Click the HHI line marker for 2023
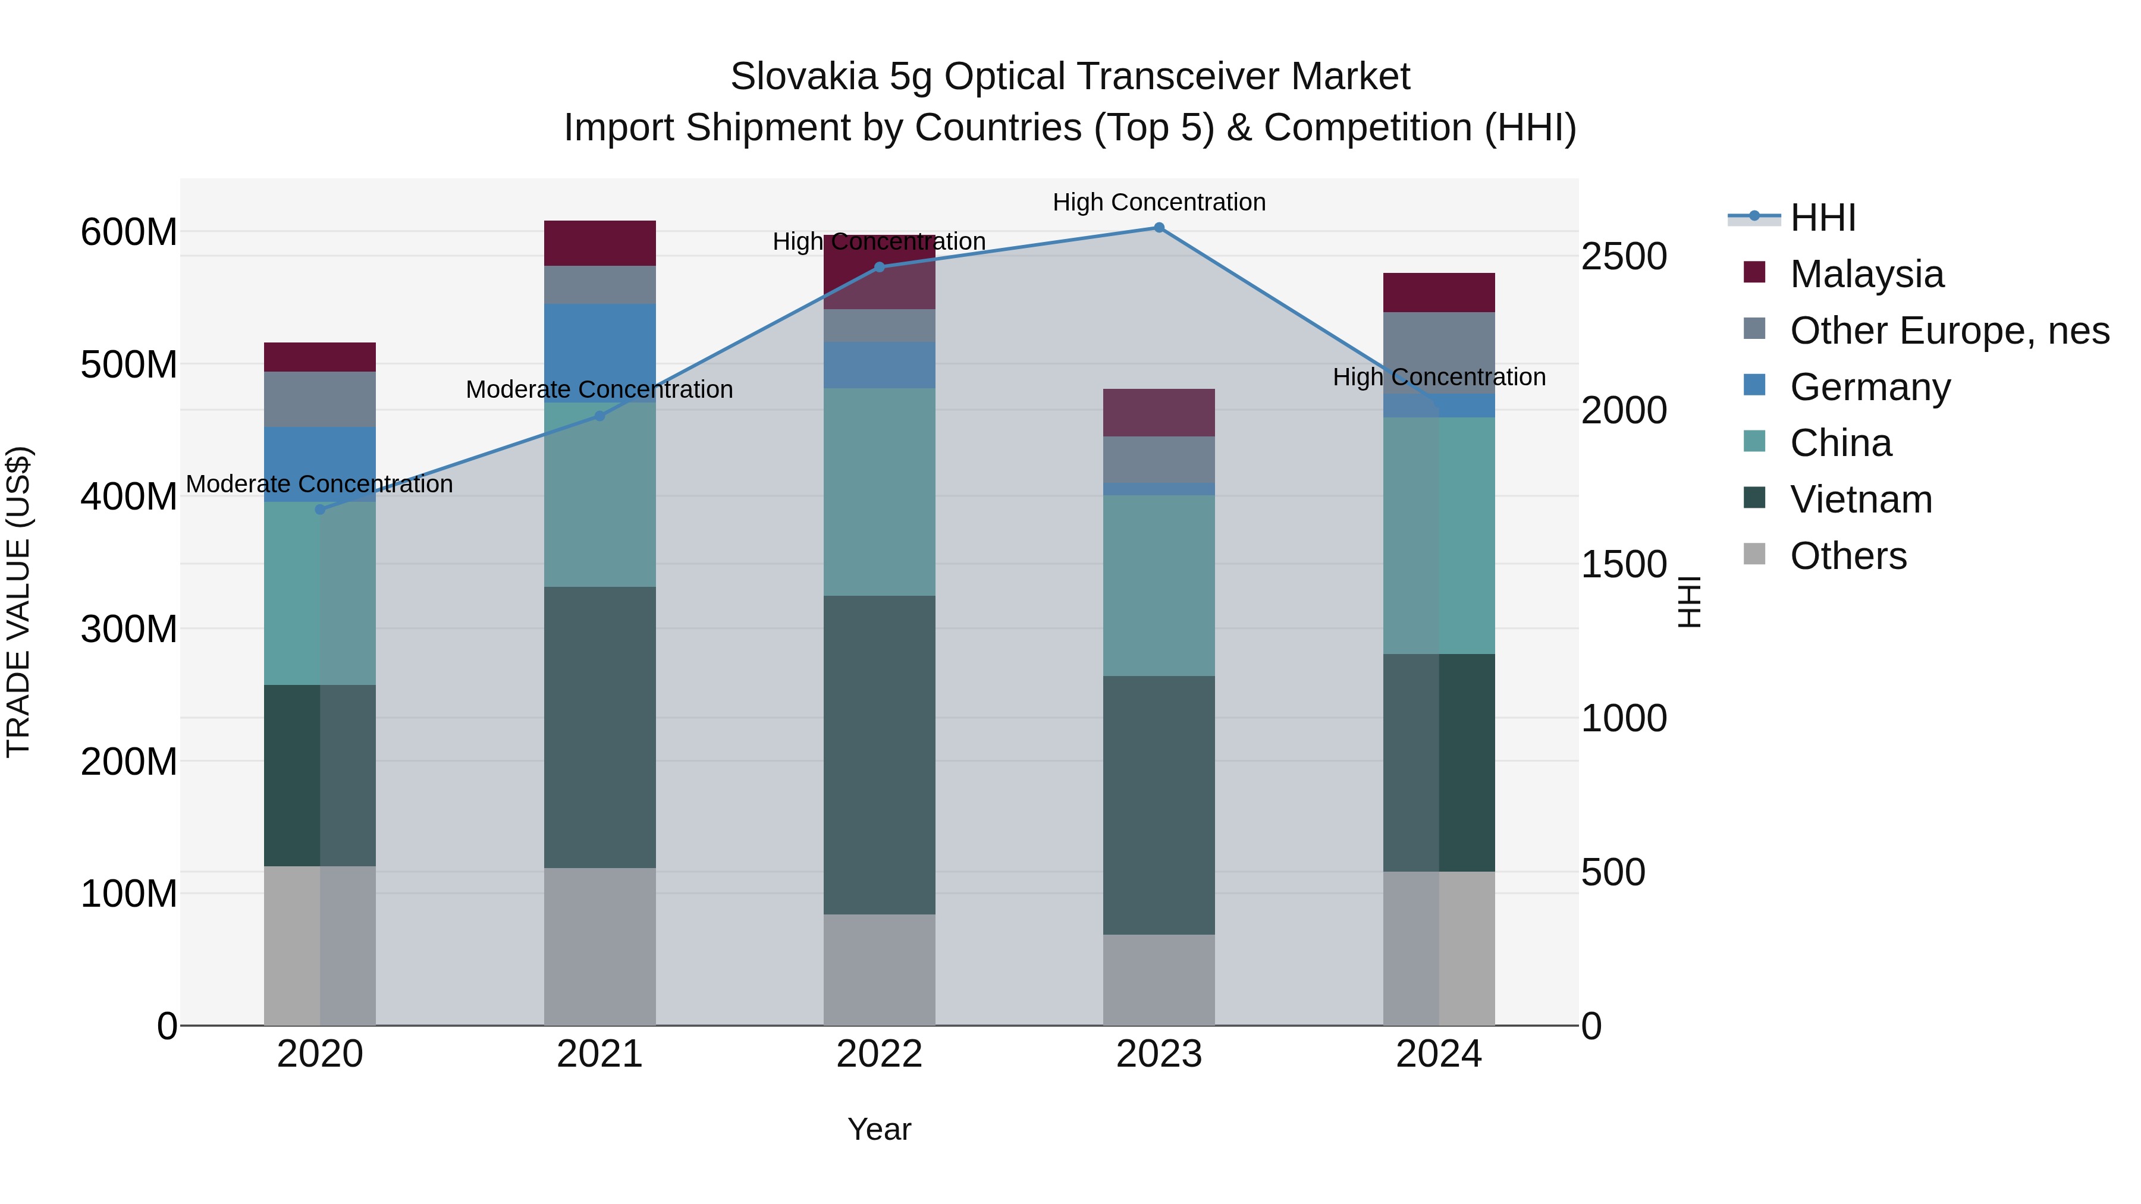tap(1159, 228)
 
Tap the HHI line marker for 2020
tap(320, 510)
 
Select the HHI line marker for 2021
tap(599, 416)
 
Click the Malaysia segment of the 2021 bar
tap(599, 243)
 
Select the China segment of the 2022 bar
tap(880, 492)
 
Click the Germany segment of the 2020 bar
tap(320, 464)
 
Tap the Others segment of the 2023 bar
tap(1159, 980)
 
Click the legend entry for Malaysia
tap(1866, 274)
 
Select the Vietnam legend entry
tap(1860, 499)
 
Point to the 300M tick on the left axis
tap(129, 629)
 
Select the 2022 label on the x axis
tap(880, 1054)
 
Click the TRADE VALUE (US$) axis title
tap(18, 602)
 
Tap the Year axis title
tap(880, 1129)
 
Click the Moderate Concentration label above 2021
tap(599, 389)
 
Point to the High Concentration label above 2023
tap(1159, 202)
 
